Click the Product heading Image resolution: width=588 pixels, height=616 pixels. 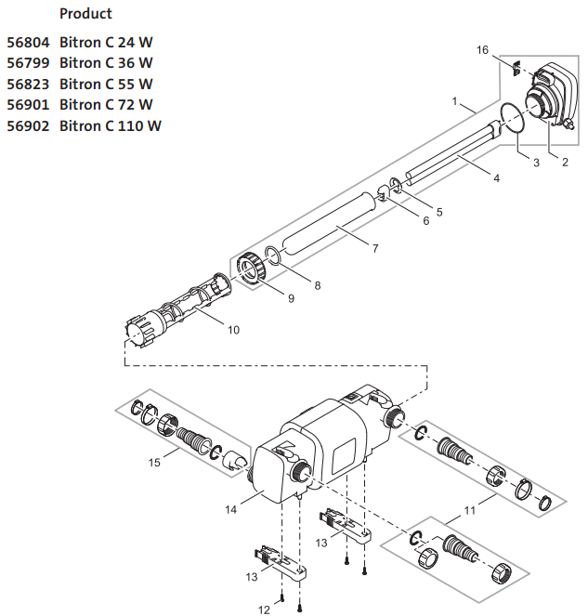point(85,14)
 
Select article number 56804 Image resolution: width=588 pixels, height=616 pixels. point(27,43)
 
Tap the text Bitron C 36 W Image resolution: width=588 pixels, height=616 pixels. point(106,63)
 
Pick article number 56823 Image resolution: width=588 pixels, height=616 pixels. point(27,84)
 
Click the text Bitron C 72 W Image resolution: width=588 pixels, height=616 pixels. point(106,104)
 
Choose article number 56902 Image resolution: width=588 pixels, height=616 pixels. point(27,125)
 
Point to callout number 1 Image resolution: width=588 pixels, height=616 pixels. point(454,99)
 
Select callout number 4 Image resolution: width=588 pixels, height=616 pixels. point(497,177)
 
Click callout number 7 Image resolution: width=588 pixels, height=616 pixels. point(374,248)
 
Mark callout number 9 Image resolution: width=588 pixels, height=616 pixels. point(290,298)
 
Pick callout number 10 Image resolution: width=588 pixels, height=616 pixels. point(232,330)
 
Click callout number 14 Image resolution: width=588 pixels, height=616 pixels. point(231,508)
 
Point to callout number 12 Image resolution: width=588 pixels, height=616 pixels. point(263,609)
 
